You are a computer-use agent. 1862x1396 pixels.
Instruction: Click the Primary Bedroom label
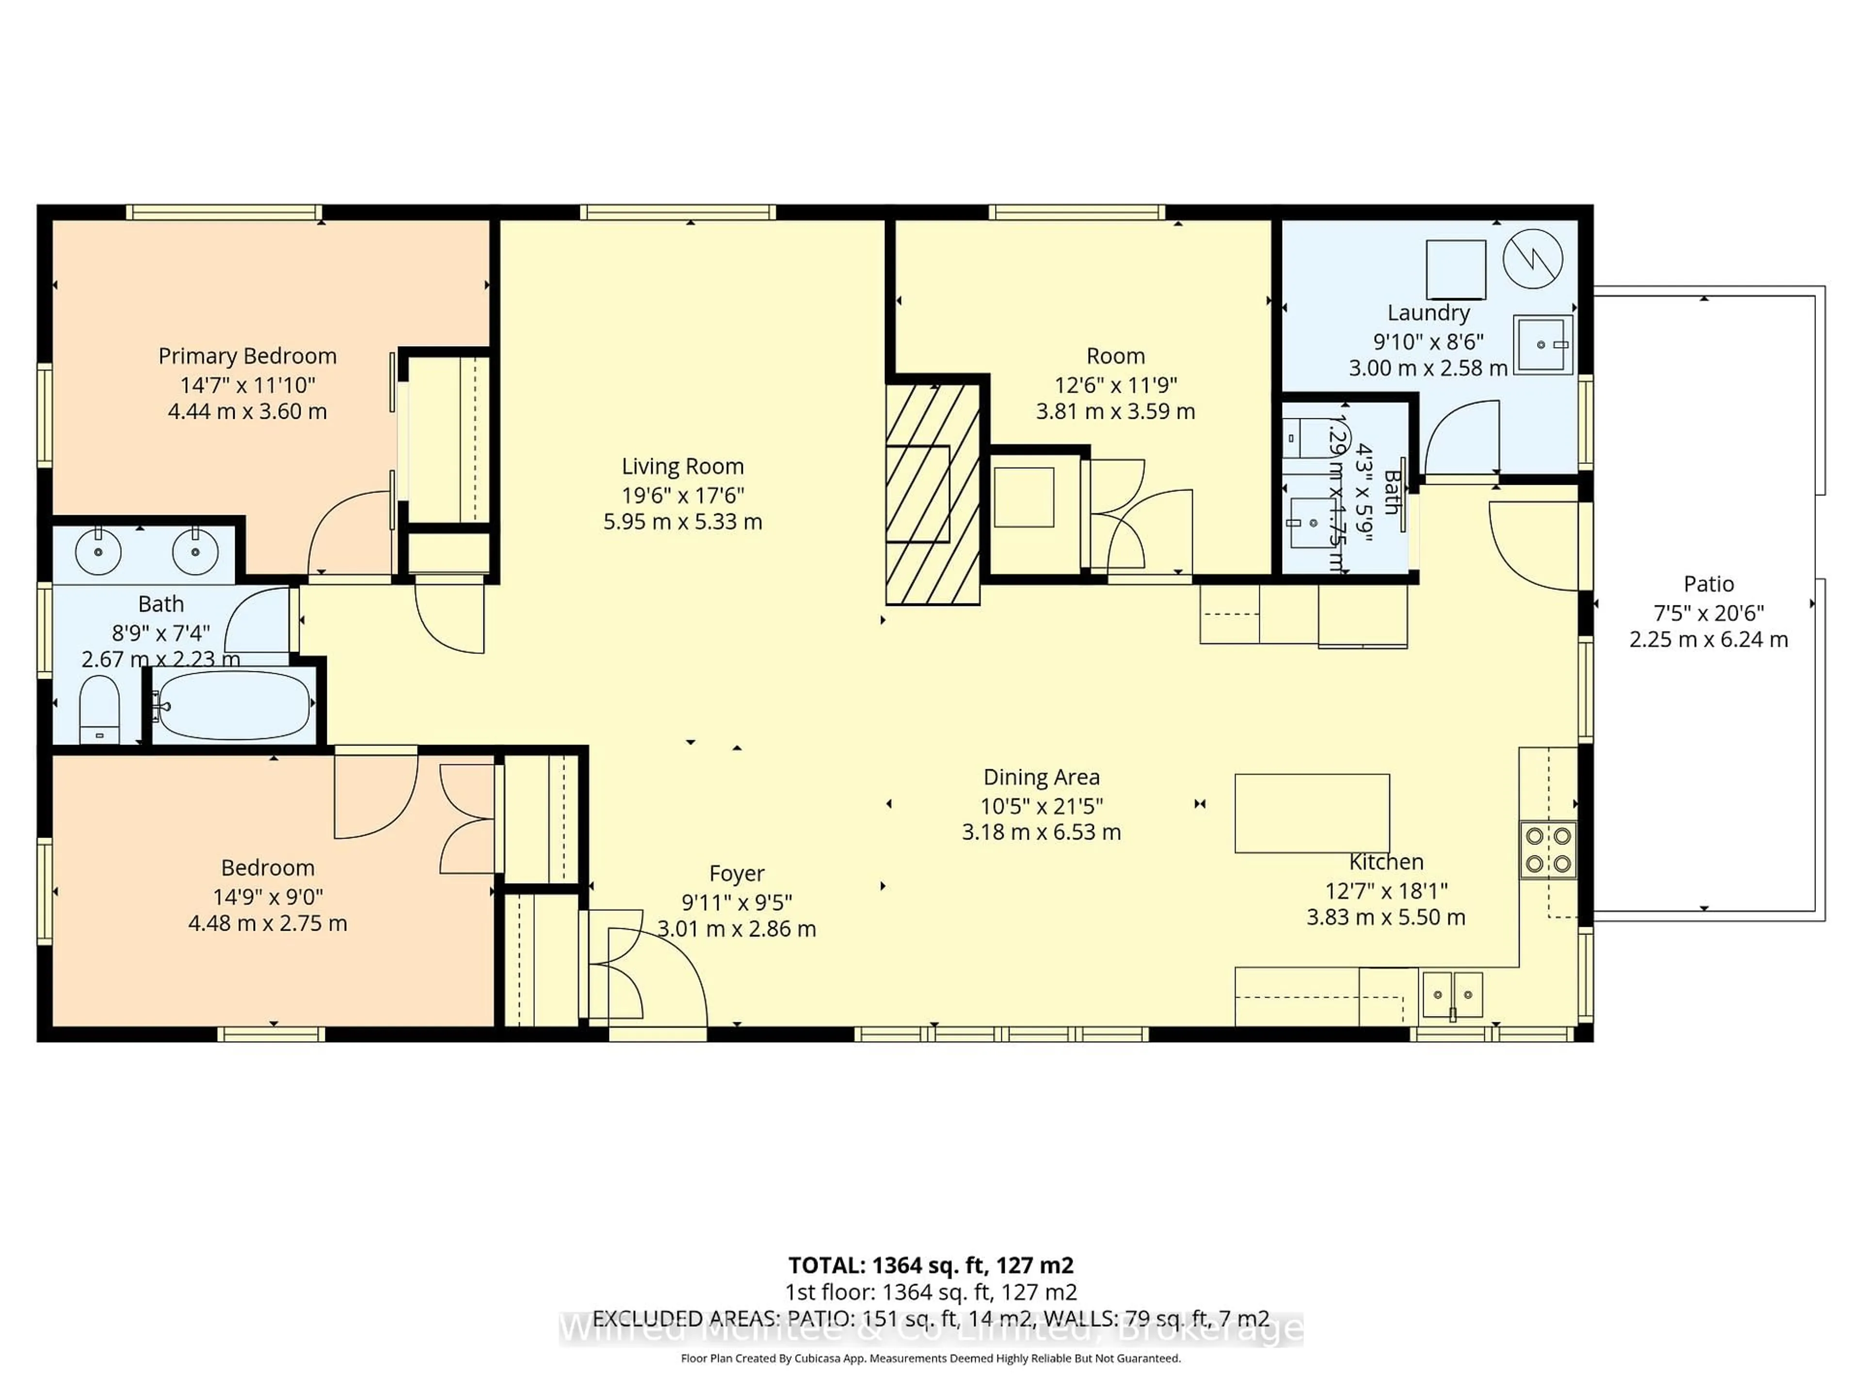coord(247,356)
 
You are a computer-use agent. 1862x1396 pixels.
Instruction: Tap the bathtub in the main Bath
coord(234,704)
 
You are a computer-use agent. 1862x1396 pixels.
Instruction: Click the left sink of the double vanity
coord(98,552)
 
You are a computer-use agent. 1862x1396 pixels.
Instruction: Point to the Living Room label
coord(683,466)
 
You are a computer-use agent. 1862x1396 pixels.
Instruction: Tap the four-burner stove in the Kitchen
coord(1548,850)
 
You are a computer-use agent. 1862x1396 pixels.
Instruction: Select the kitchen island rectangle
coord(1312,813)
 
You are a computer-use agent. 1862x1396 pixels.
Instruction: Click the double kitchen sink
coord(1453,995)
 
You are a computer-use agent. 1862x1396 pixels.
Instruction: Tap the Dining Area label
coord(1041,777)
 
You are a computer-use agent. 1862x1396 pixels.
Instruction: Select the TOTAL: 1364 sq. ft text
coord(930,1266)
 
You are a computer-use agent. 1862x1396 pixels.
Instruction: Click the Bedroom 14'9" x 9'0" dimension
coord(268,897)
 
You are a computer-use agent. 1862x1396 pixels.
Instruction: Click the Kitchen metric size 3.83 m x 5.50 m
coord(1385,917)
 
